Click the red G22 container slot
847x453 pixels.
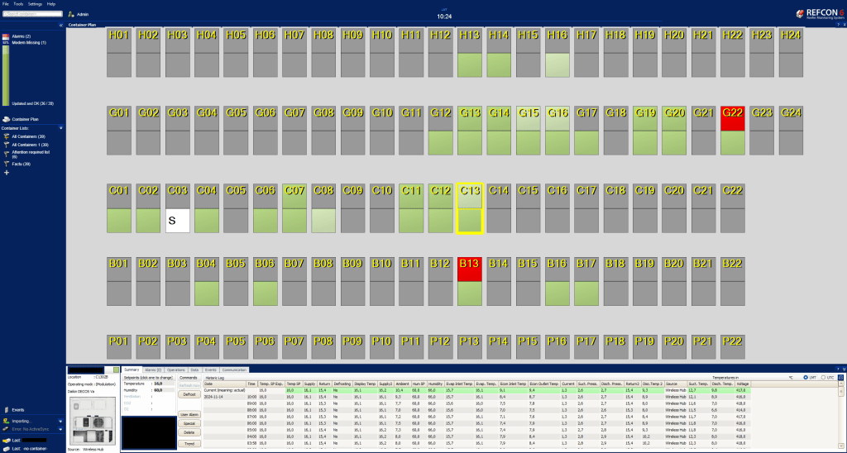tap(733, 117)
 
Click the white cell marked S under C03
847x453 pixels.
tap(178, 221)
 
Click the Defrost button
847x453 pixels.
tap(189, 394)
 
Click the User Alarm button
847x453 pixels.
tap(189, 413)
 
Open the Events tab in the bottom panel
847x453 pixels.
tap(211, 370)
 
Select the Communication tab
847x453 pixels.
tap(234, 370)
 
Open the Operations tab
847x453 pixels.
tap(176, 370)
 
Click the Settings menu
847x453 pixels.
tap(35, 4)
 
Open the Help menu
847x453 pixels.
tap(51, 4)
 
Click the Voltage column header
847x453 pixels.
tap(742, 384)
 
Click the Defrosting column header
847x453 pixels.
tap(342, 384)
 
